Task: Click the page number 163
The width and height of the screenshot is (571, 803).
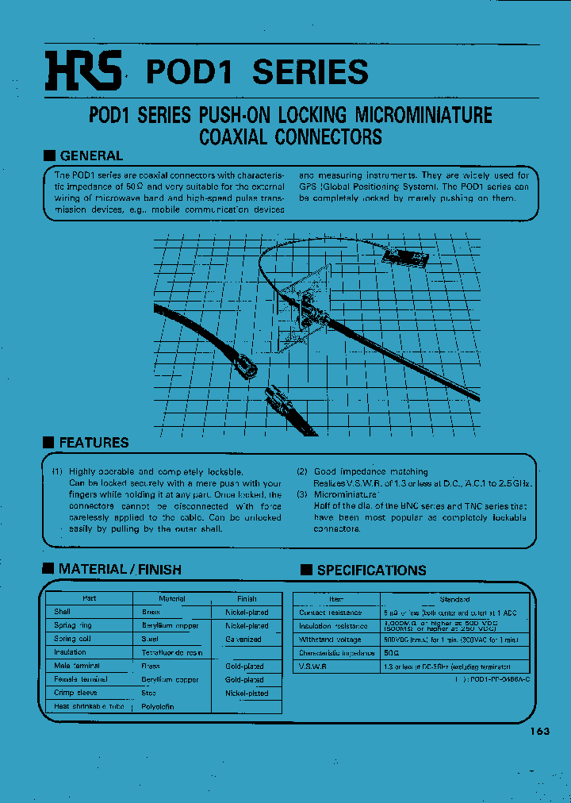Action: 540,732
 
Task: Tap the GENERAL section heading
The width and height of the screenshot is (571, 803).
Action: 91,156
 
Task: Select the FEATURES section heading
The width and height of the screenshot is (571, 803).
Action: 94,443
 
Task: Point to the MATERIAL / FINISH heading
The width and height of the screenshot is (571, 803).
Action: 120,569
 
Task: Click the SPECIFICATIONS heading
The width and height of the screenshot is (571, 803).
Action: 371,570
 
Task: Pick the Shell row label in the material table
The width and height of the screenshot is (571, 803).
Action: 63,612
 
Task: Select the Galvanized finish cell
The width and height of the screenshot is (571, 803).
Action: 243,639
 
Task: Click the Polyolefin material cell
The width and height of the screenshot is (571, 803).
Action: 158,706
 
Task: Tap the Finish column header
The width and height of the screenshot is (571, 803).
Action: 247,598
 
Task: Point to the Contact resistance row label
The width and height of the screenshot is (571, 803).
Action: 331,613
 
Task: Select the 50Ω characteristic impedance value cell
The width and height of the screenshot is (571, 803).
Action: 392,653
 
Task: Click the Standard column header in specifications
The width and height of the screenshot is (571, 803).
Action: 454,599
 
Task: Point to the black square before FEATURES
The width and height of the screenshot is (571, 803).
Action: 48,443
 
